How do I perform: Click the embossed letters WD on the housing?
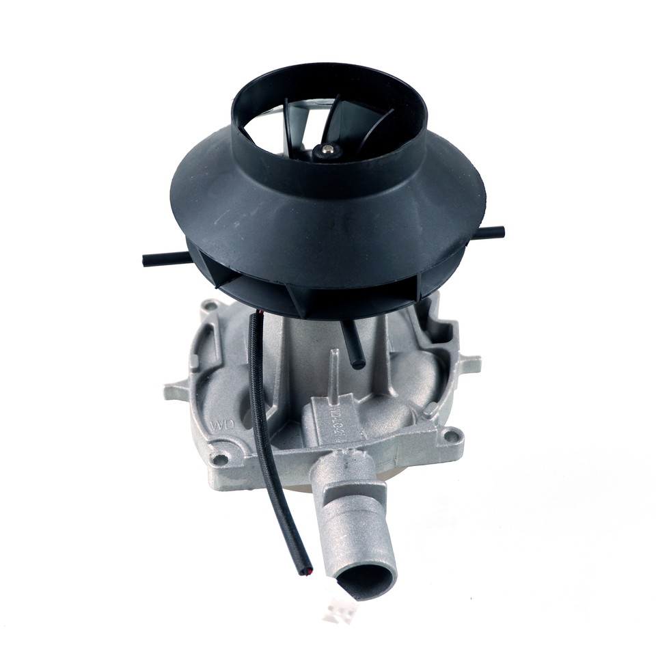[x=223, y=424]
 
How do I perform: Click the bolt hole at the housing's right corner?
[x=450, y=433]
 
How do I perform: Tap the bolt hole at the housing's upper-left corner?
[x=212, y=304]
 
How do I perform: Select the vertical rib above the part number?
[x=335, y=369]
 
